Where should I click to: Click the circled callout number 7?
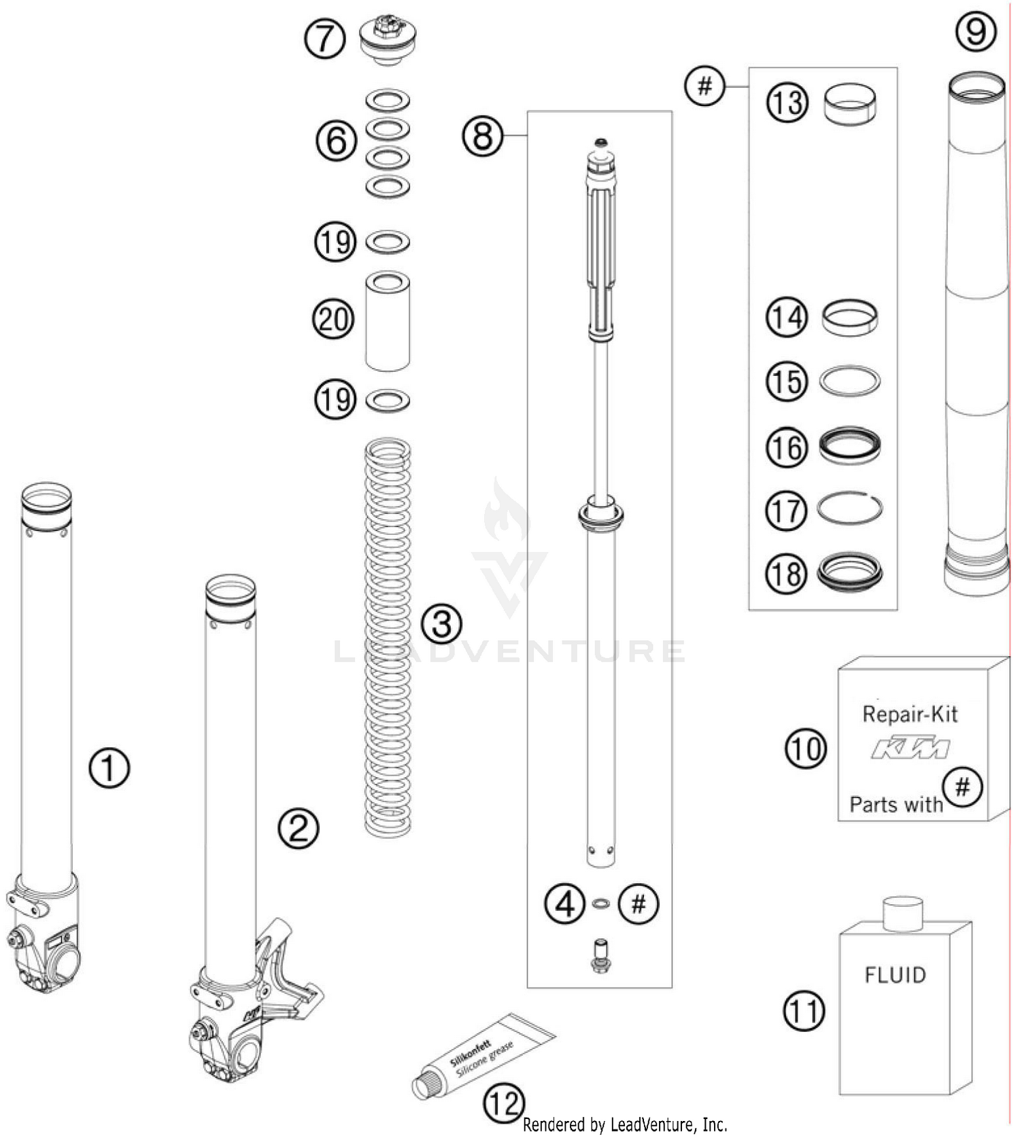coord(324,39)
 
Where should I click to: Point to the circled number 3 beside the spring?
coord(441,623)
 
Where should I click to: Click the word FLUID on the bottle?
coord(895,976)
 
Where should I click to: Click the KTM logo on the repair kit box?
coord(911,748)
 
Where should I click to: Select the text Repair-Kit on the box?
coord(909,714)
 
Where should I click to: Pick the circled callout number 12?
coord(505,1103)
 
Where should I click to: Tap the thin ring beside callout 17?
coord(850,508)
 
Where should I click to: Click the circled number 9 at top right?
coord(976,32)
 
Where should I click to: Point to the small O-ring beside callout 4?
coord(600,903)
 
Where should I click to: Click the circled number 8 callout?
coord(483,136)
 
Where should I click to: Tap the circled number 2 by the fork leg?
coord(298,827)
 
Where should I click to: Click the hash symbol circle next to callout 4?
coord(639,904)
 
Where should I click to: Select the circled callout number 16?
coord(787,447)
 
